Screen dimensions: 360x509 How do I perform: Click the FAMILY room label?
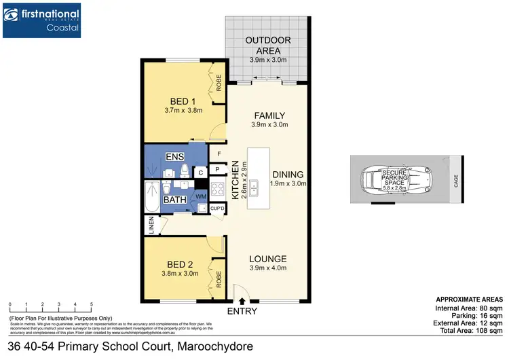270,115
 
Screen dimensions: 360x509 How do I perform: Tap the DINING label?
289,174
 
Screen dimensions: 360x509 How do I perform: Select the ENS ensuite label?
174,157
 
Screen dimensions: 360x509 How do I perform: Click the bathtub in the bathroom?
151,197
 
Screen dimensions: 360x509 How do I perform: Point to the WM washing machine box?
200,197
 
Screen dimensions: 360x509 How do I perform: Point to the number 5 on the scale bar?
91,304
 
